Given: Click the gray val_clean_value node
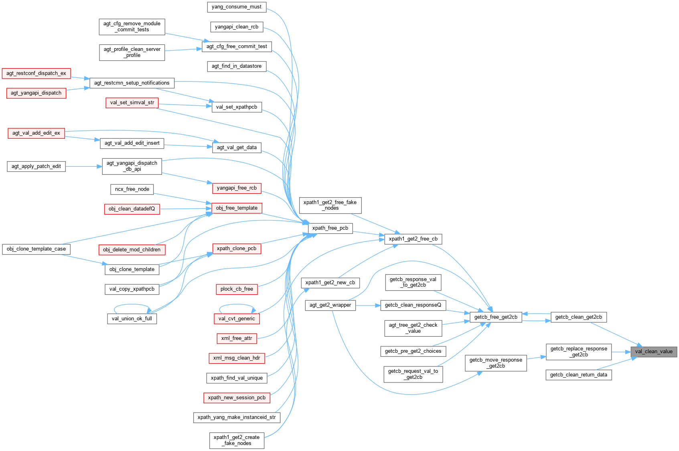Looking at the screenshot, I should point(654,352).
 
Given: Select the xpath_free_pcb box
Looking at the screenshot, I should point(330,228).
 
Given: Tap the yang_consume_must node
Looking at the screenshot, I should point(236,7).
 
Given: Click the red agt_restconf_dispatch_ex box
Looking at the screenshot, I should point(36,73).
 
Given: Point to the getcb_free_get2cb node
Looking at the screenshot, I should point(496,317).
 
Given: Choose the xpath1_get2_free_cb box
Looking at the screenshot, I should point(413,239).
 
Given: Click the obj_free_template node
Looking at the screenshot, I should point(237,208).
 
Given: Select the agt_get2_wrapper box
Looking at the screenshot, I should point(330,305).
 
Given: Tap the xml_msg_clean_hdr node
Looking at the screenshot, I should point(237,358).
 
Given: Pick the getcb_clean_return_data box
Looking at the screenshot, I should point(578,375).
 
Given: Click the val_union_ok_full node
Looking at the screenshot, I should point(132,319).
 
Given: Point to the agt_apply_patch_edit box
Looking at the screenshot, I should point(36,166).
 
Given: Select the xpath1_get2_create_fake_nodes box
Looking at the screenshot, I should point(237,440).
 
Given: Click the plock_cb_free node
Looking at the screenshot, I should point(237,289).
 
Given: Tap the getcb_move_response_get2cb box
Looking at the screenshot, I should point(496,363).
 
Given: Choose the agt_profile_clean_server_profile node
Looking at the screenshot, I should point(132,52).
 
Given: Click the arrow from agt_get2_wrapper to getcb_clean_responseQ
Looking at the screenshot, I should point(368,305).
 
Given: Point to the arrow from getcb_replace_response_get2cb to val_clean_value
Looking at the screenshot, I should point(621,352).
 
